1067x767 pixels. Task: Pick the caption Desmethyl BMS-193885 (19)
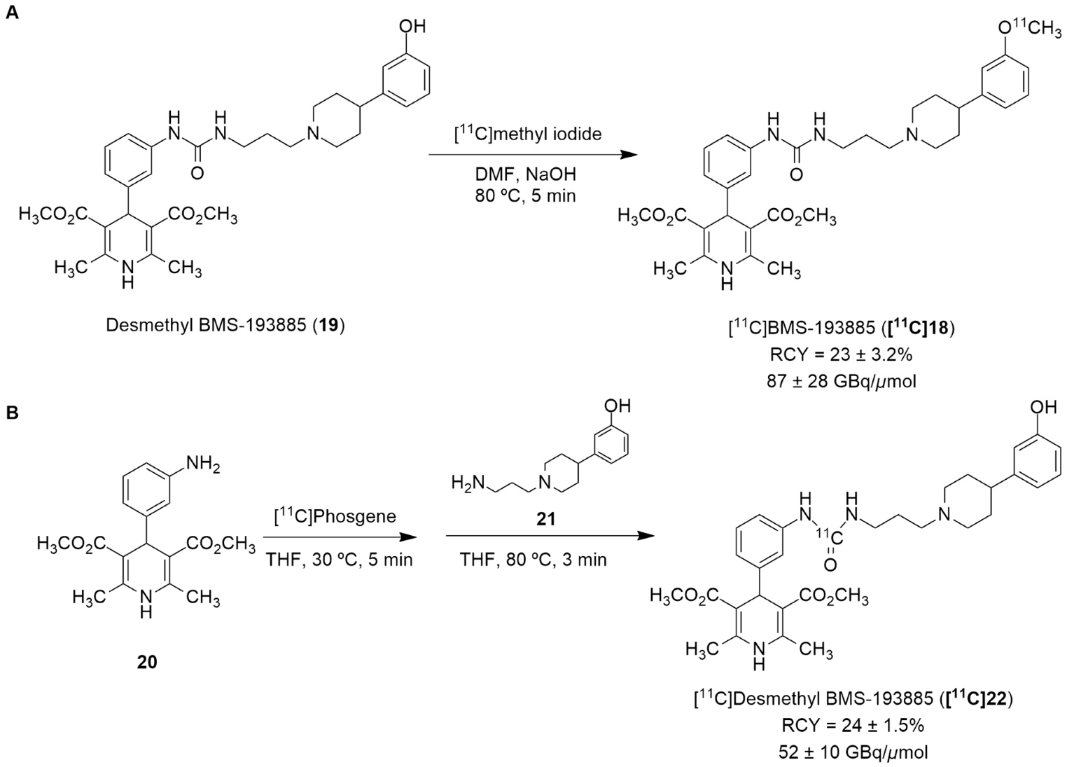pyautogui.click(x=225, y=326)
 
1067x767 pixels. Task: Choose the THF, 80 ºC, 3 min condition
pyautogui.click(x=533, y=560)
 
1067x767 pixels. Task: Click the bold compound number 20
pyautogui.click(x=147, y=661)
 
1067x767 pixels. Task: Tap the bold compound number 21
pyautogui.click(x=545, y=519)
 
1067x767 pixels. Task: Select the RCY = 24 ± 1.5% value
pyautogui.click(x=852, y=726)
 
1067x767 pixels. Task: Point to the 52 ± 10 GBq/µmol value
pyautogui.click(x=852, y=752)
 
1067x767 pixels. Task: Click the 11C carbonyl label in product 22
pyautogui.click(x=828, y=537)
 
